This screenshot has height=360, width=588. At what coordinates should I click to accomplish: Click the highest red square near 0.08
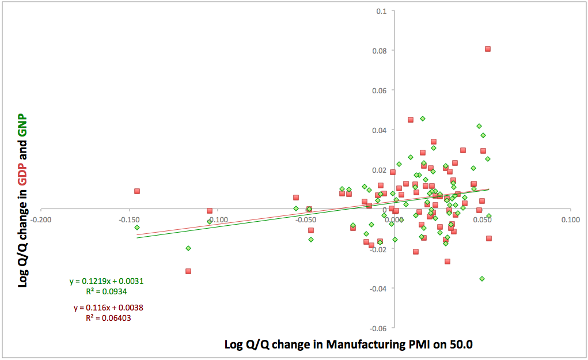pos(488,49)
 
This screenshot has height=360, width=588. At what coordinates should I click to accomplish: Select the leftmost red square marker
pos(137,191)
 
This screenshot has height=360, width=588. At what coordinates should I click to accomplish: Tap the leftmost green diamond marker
pos(137,228)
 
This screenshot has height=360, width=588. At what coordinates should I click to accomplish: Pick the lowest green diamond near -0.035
pos(482,279)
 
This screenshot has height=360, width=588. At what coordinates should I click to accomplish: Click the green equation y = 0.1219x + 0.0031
pos(107,282)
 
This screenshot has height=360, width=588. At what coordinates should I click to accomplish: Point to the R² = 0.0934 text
pos(107,292)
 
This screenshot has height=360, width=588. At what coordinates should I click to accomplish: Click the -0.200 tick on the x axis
pos(40,219)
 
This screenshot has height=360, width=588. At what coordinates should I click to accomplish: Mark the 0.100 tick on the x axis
pos(570,219)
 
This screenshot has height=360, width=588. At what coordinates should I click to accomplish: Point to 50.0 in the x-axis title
pos(460,345)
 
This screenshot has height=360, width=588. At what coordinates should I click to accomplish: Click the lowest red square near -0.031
pos(188,271)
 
